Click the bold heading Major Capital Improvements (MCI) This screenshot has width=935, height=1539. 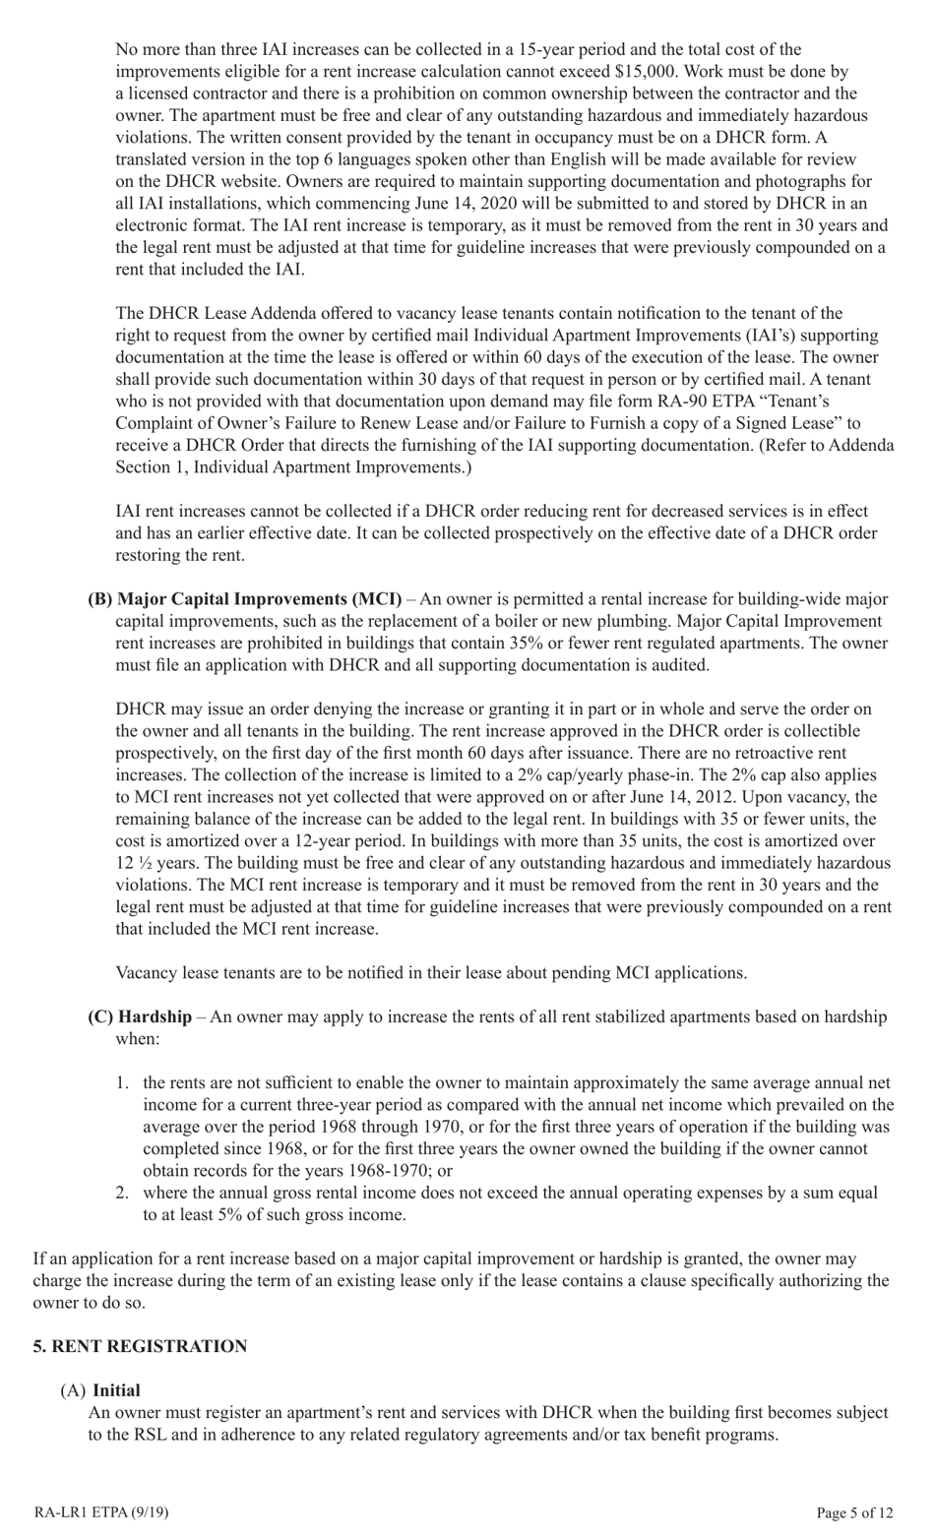(259, 599)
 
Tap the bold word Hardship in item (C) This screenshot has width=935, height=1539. (155, 1016)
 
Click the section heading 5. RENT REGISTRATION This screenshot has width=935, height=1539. (140, 1346)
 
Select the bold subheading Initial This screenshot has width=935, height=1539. (116, 1390)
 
